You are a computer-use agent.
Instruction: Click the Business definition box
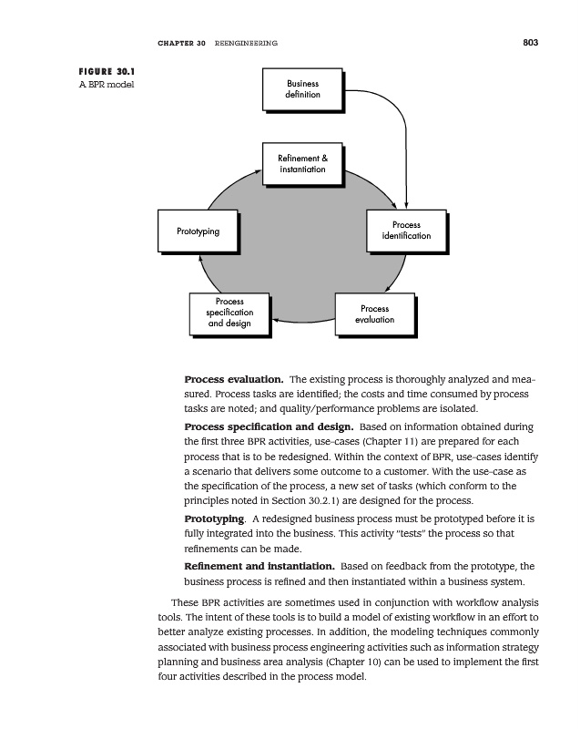pos(301,89)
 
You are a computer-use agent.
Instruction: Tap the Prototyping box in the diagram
pos(198,231)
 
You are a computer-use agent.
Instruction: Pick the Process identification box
pos(406,231)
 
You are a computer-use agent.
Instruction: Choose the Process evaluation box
pos(374,314)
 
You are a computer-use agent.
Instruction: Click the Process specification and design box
pos(229,313)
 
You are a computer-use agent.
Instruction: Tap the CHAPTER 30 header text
pos(180,43)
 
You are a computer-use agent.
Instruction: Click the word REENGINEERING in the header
pos(246,43)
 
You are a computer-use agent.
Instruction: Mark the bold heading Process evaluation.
pos(235,378)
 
